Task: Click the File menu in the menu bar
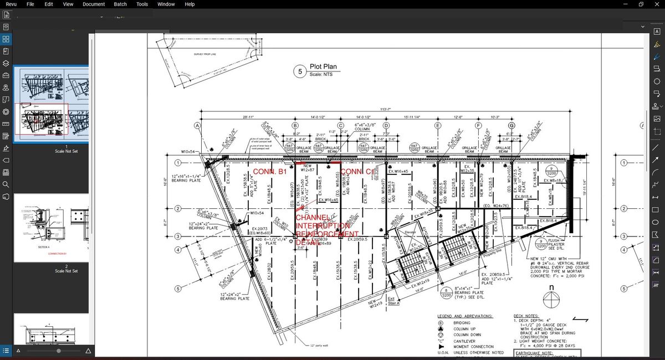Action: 30,4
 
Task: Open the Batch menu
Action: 120,4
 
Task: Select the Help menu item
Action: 190,4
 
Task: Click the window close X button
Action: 657,4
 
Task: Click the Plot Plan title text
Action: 323,67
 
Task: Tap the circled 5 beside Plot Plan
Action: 300,71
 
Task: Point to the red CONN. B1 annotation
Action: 270,172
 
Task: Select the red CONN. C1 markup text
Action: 357,172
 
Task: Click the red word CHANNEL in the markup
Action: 313,218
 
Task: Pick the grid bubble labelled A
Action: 197,126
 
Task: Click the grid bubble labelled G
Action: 511,126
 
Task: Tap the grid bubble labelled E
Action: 438,126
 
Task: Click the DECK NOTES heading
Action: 529,316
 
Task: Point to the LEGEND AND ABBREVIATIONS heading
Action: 465,316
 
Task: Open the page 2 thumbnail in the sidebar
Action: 51,228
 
